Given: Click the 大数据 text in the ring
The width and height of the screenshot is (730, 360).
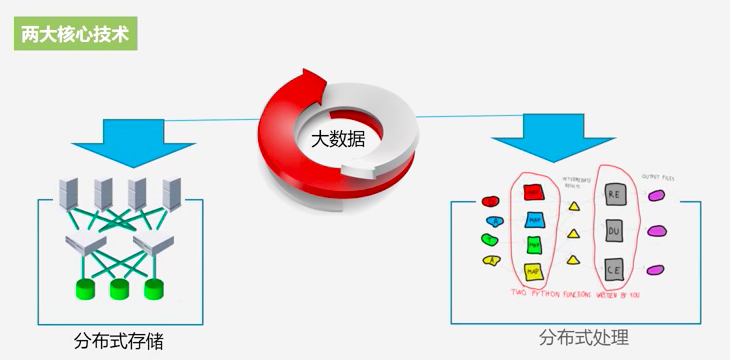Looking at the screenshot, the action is point(337,139).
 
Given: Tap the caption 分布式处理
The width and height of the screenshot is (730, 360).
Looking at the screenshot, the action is point(584,336).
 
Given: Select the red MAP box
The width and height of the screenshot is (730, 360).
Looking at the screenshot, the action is point(534,192).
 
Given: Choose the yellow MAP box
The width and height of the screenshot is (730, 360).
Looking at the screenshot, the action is point(534,270).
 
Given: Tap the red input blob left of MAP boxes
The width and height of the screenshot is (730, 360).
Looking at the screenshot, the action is point(490,200).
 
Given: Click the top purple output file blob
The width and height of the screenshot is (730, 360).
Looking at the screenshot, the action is point(657,197).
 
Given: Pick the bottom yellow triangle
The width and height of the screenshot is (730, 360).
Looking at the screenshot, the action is point(574,260).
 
